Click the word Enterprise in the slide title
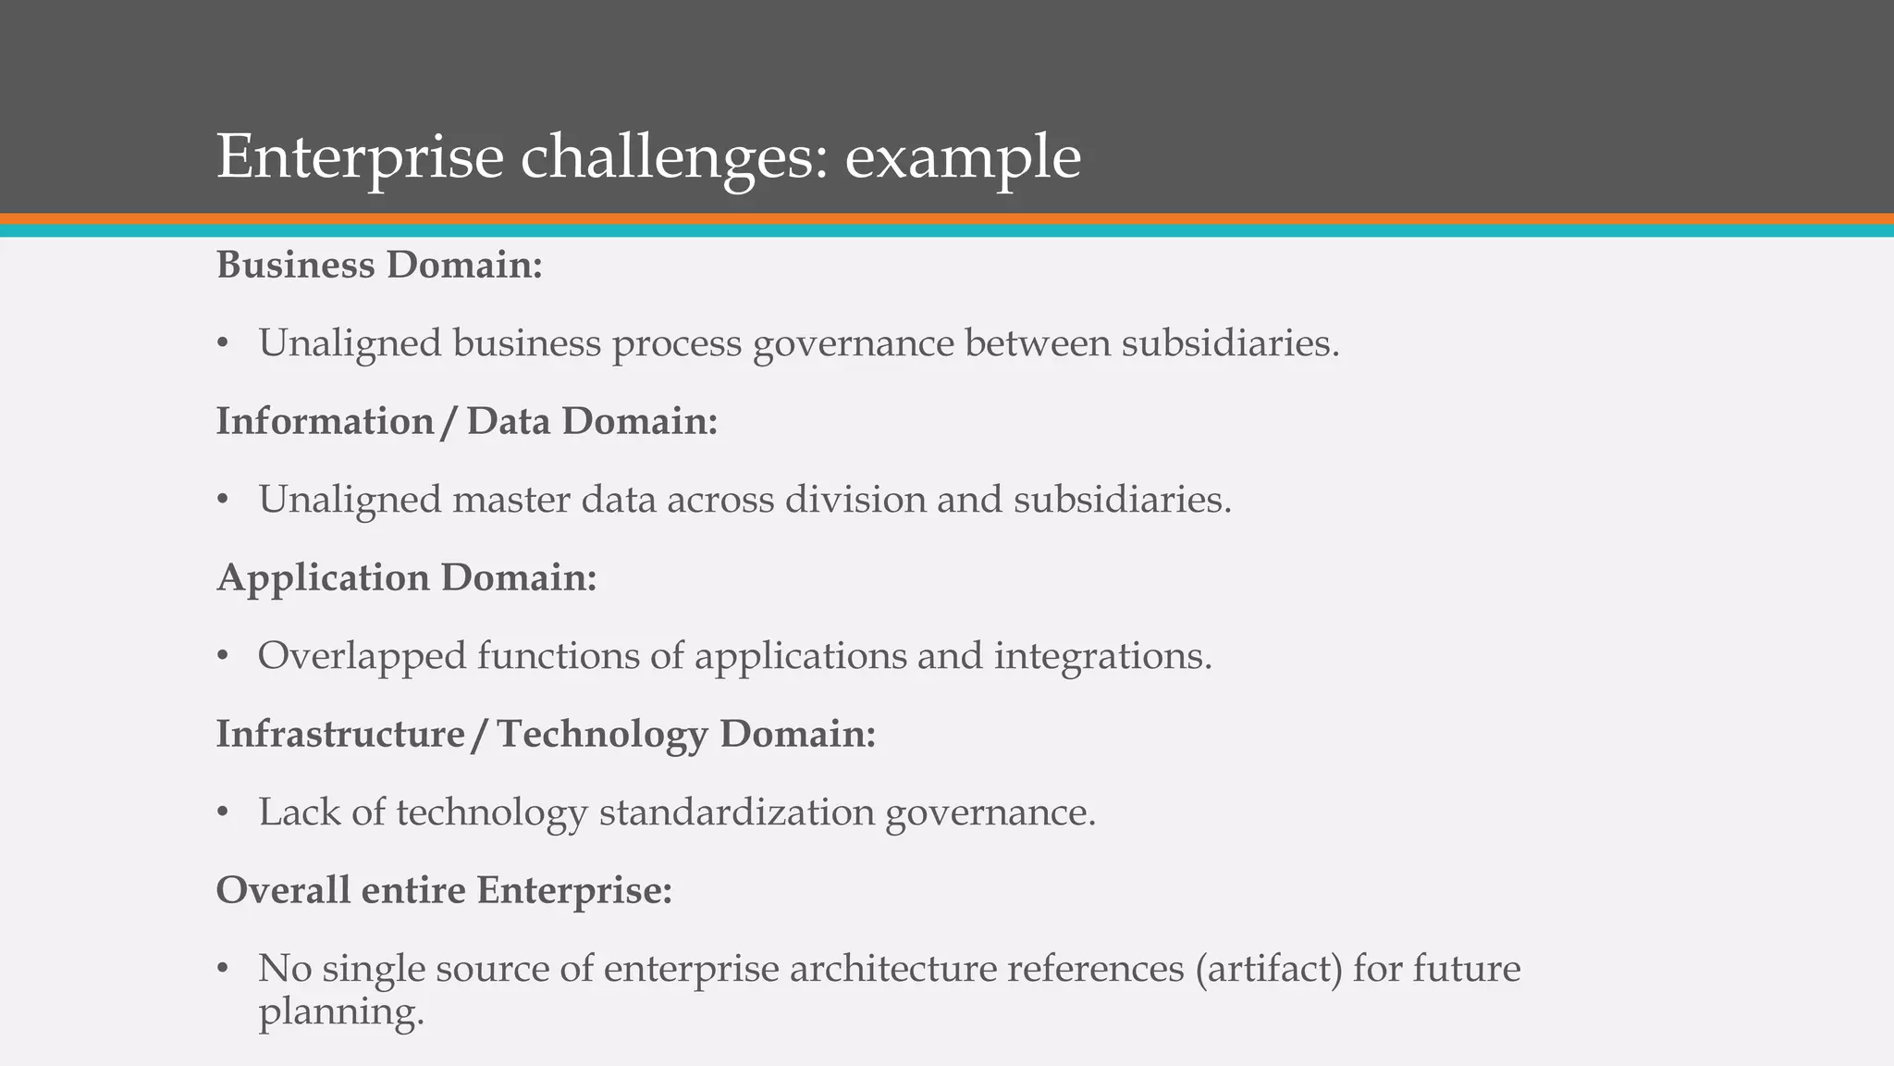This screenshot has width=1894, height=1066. (x=360, y=157)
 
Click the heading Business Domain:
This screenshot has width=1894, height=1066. (x=379, y=266)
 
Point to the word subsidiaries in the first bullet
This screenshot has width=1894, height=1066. (x=1230, y=343)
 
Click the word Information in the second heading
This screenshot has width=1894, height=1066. (x=325, y=422)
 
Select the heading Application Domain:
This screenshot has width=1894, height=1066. (x=407, y=578)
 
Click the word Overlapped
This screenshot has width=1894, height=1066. (x=362, y=656)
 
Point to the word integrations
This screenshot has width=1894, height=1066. (x=1102, y=656)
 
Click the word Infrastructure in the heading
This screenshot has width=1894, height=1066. (x=340, y=735)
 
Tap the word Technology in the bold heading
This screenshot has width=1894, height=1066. (x=602, y=735)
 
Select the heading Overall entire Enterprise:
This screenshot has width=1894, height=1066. (x=444, y=891)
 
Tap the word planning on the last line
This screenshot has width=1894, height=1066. (x=340, y=1011)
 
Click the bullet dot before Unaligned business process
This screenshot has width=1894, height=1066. (x=222, y=344)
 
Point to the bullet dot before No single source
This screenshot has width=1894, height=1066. (x=222, y=970)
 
